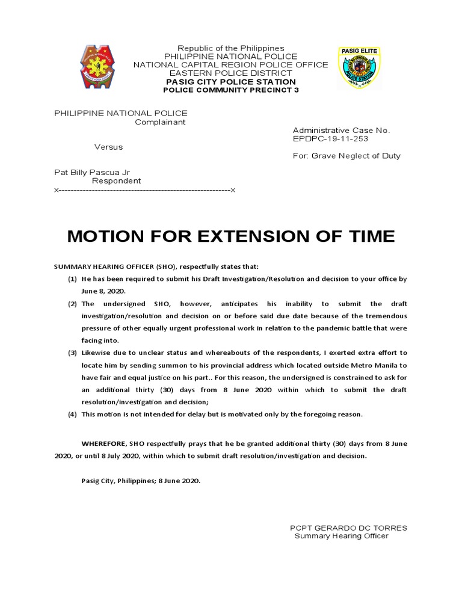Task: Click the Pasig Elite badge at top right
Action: pyautogui.click(x=360, y=68)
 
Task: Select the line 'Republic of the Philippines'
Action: pyautogui.click(x=230, y=48)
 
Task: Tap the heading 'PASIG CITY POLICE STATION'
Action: pyautogui.click(x=230, y=82)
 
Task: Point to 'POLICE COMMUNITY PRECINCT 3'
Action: pyautogui.click(x=230, y=90)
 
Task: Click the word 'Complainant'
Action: pyautogui.click(x=160, y=122)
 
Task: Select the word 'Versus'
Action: pyautogui.click(x=108, y=147)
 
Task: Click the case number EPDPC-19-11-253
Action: pyautogui.click(x=330, y=138)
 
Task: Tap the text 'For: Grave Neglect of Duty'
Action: pyautogui.click(x=346, y=156)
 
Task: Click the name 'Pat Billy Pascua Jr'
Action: pyautogui.click(x=92, y=172)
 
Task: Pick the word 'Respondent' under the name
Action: pyautogui.click(x=116, y=180)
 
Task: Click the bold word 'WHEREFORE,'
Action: pyautogui.click(x=103, y=443)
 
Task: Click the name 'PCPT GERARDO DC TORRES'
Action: pyautogui.click(x=348, y=528)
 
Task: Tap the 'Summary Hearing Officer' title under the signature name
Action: pyautogui.click(x=341, y=536)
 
